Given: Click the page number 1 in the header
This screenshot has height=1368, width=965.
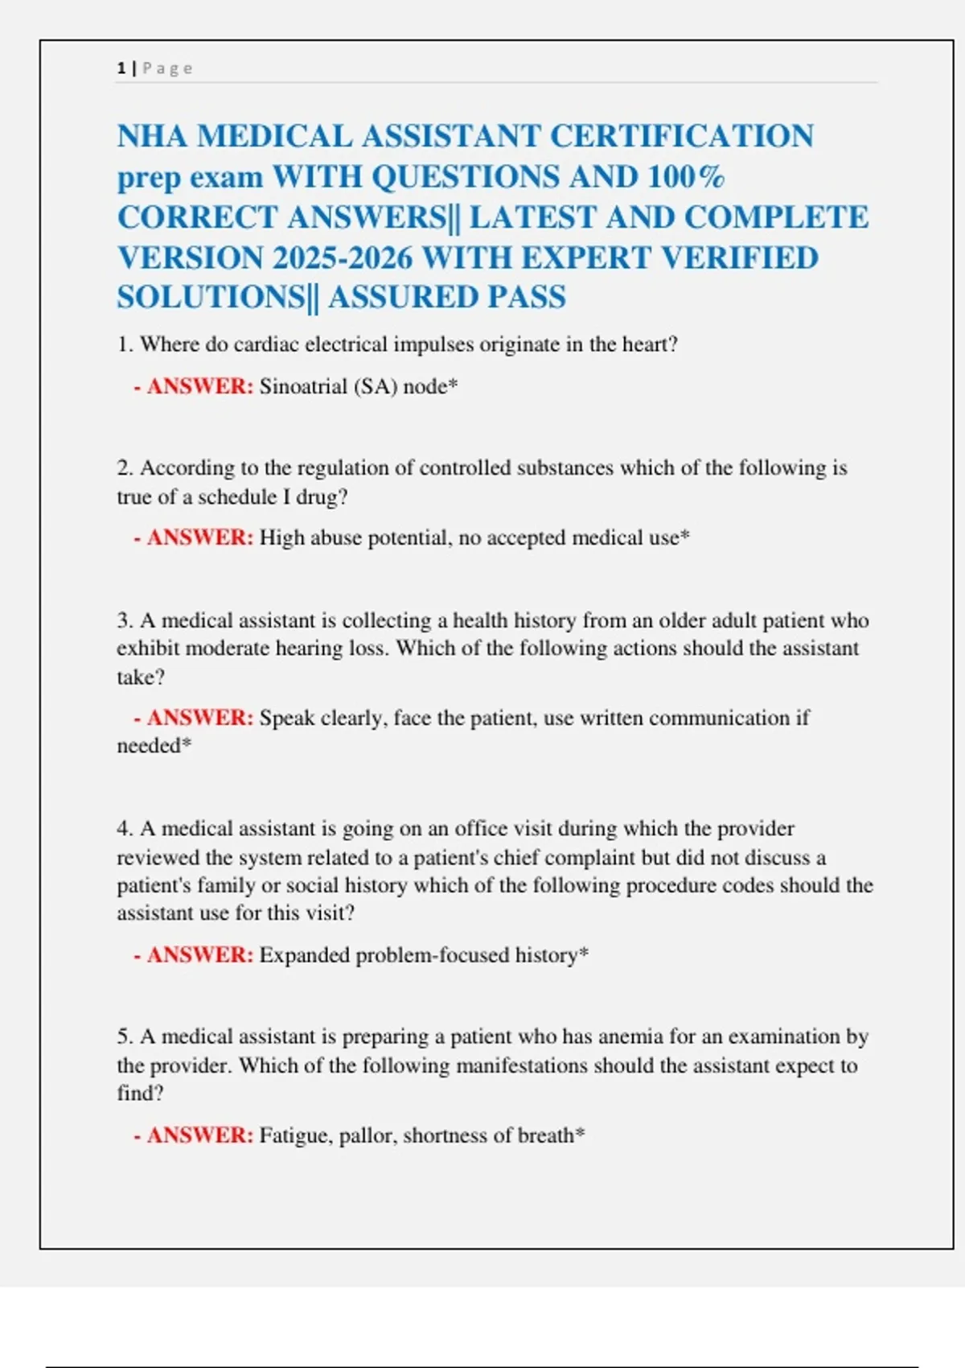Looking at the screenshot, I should click(x=121, y=68).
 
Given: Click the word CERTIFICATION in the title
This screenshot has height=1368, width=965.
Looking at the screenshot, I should click(x=681, y=136).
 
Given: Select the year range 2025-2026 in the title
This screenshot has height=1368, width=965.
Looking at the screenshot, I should click(x=343, y=258).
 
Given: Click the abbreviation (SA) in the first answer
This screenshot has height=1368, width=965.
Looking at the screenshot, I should click(x=376, y=387).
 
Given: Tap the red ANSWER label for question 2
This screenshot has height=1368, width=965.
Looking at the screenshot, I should click(x=199, y=538).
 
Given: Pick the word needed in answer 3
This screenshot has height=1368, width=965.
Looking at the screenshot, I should click(x=149, y=746).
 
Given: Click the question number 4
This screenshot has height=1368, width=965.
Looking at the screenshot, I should click(x=125, y=829).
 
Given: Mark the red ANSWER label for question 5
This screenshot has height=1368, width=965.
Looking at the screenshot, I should click(x=199, y=1135).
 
